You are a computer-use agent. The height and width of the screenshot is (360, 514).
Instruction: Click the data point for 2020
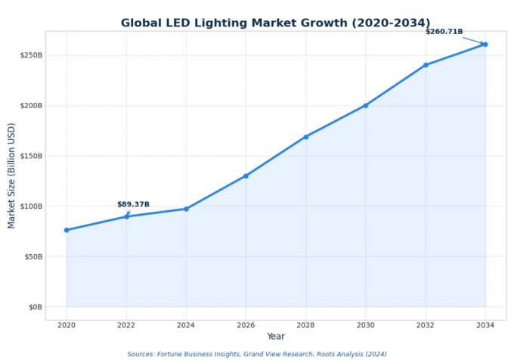click(x=67, y=230)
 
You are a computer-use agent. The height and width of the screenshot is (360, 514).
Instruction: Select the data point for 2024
click(x=186, y=209)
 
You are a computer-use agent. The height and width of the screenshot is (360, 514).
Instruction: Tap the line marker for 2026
click(x=246, y=176)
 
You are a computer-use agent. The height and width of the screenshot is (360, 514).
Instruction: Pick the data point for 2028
click(x=305, y=137)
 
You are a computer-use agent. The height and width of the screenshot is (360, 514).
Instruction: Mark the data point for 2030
click(x=365, y=106)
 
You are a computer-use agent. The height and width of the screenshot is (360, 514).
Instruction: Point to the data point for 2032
click(x=426, y=65)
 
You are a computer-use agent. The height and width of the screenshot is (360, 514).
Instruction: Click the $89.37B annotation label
click(x=133, y=204)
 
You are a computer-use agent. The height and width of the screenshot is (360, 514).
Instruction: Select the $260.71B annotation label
click(x=444, y=32)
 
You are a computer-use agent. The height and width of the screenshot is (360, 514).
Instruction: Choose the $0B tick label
click(x=34, y=307)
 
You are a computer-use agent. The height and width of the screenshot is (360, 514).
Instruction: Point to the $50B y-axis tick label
click(x=32, y=256)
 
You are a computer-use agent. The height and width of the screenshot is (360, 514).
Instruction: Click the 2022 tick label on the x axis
click(x=126, y=325)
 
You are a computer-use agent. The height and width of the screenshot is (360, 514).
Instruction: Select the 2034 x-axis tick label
click(x=485, y=325)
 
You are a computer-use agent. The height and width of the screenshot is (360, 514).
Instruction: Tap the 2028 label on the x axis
click(x=305, y=325)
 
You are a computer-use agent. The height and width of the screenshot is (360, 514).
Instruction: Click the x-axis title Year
click(x=276, y=337)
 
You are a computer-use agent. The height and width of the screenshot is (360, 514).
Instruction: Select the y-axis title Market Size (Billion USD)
click(x=12, y=175)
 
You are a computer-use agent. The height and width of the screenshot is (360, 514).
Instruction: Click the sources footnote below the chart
click(x=257, y=354)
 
